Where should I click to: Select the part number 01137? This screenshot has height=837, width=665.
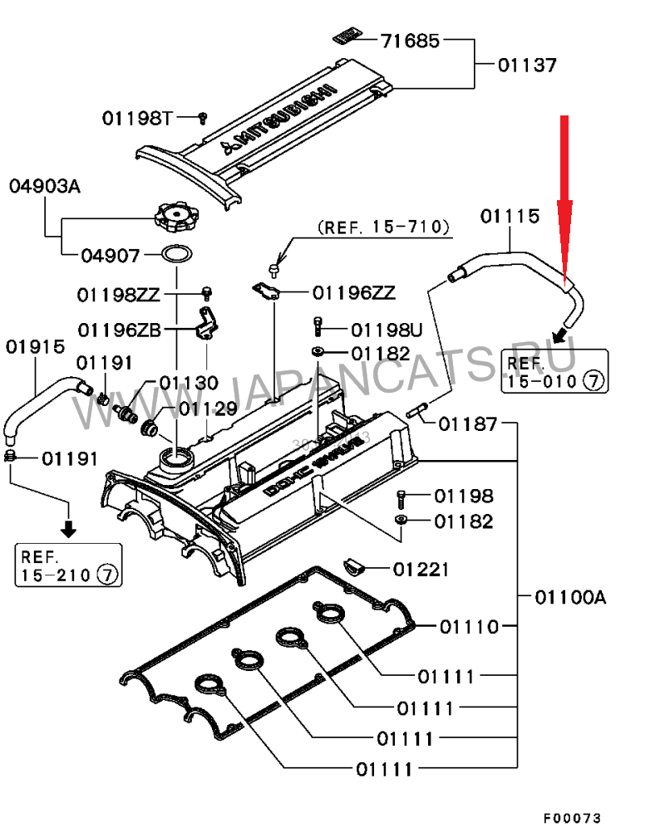(x=527, y=64)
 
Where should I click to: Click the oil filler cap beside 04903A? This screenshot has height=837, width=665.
(x=175, y=218)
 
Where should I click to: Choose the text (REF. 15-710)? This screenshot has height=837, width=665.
(x=383, y=226)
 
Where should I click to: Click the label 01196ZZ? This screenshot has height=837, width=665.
(x=354, y=292)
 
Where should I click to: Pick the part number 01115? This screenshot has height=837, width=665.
(x=510, y=216)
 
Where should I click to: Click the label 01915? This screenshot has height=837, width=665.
(x=35, y=346)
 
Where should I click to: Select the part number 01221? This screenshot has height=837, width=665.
(x=421, y=570)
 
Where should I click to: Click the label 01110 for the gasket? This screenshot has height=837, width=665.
(x=470, y=626)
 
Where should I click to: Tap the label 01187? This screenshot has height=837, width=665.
(x=468, y=424)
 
